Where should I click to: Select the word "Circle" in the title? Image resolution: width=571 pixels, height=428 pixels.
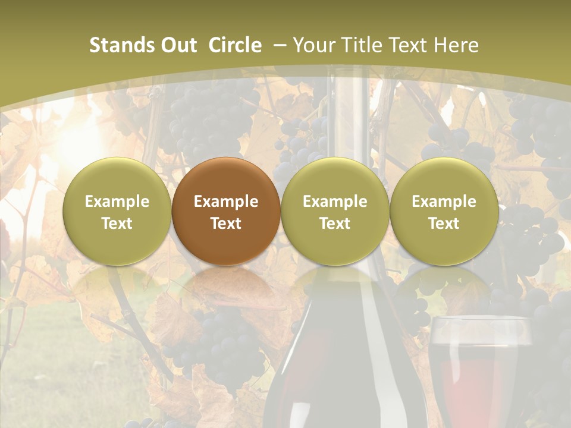tap(235, 45)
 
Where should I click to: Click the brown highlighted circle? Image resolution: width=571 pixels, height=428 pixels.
tap(226, 211)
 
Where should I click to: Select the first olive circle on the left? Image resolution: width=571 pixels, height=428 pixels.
tap(117, 211)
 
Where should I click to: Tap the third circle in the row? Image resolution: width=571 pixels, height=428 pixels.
tap(335, 211)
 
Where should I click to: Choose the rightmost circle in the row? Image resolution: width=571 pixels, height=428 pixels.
tap(444, 211)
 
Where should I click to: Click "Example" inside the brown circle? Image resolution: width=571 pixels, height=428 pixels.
tap(226, 202)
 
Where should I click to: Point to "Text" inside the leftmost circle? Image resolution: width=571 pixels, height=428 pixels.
tap(117, 224)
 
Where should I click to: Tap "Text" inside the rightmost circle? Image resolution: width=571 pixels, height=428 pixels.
tap(444, 224)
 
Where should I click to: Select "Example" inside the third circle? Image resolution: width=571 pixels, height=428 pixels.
tap(335, 202)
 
